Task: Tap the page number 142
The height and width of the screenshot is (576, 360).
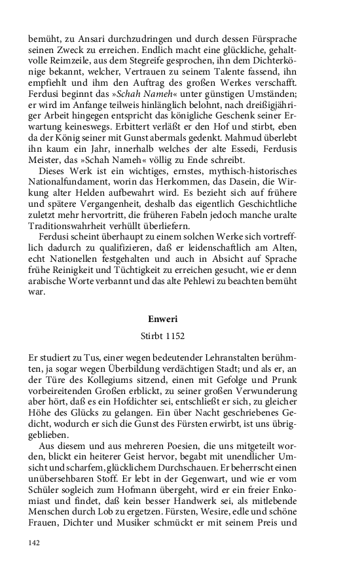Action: (35, 543)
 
